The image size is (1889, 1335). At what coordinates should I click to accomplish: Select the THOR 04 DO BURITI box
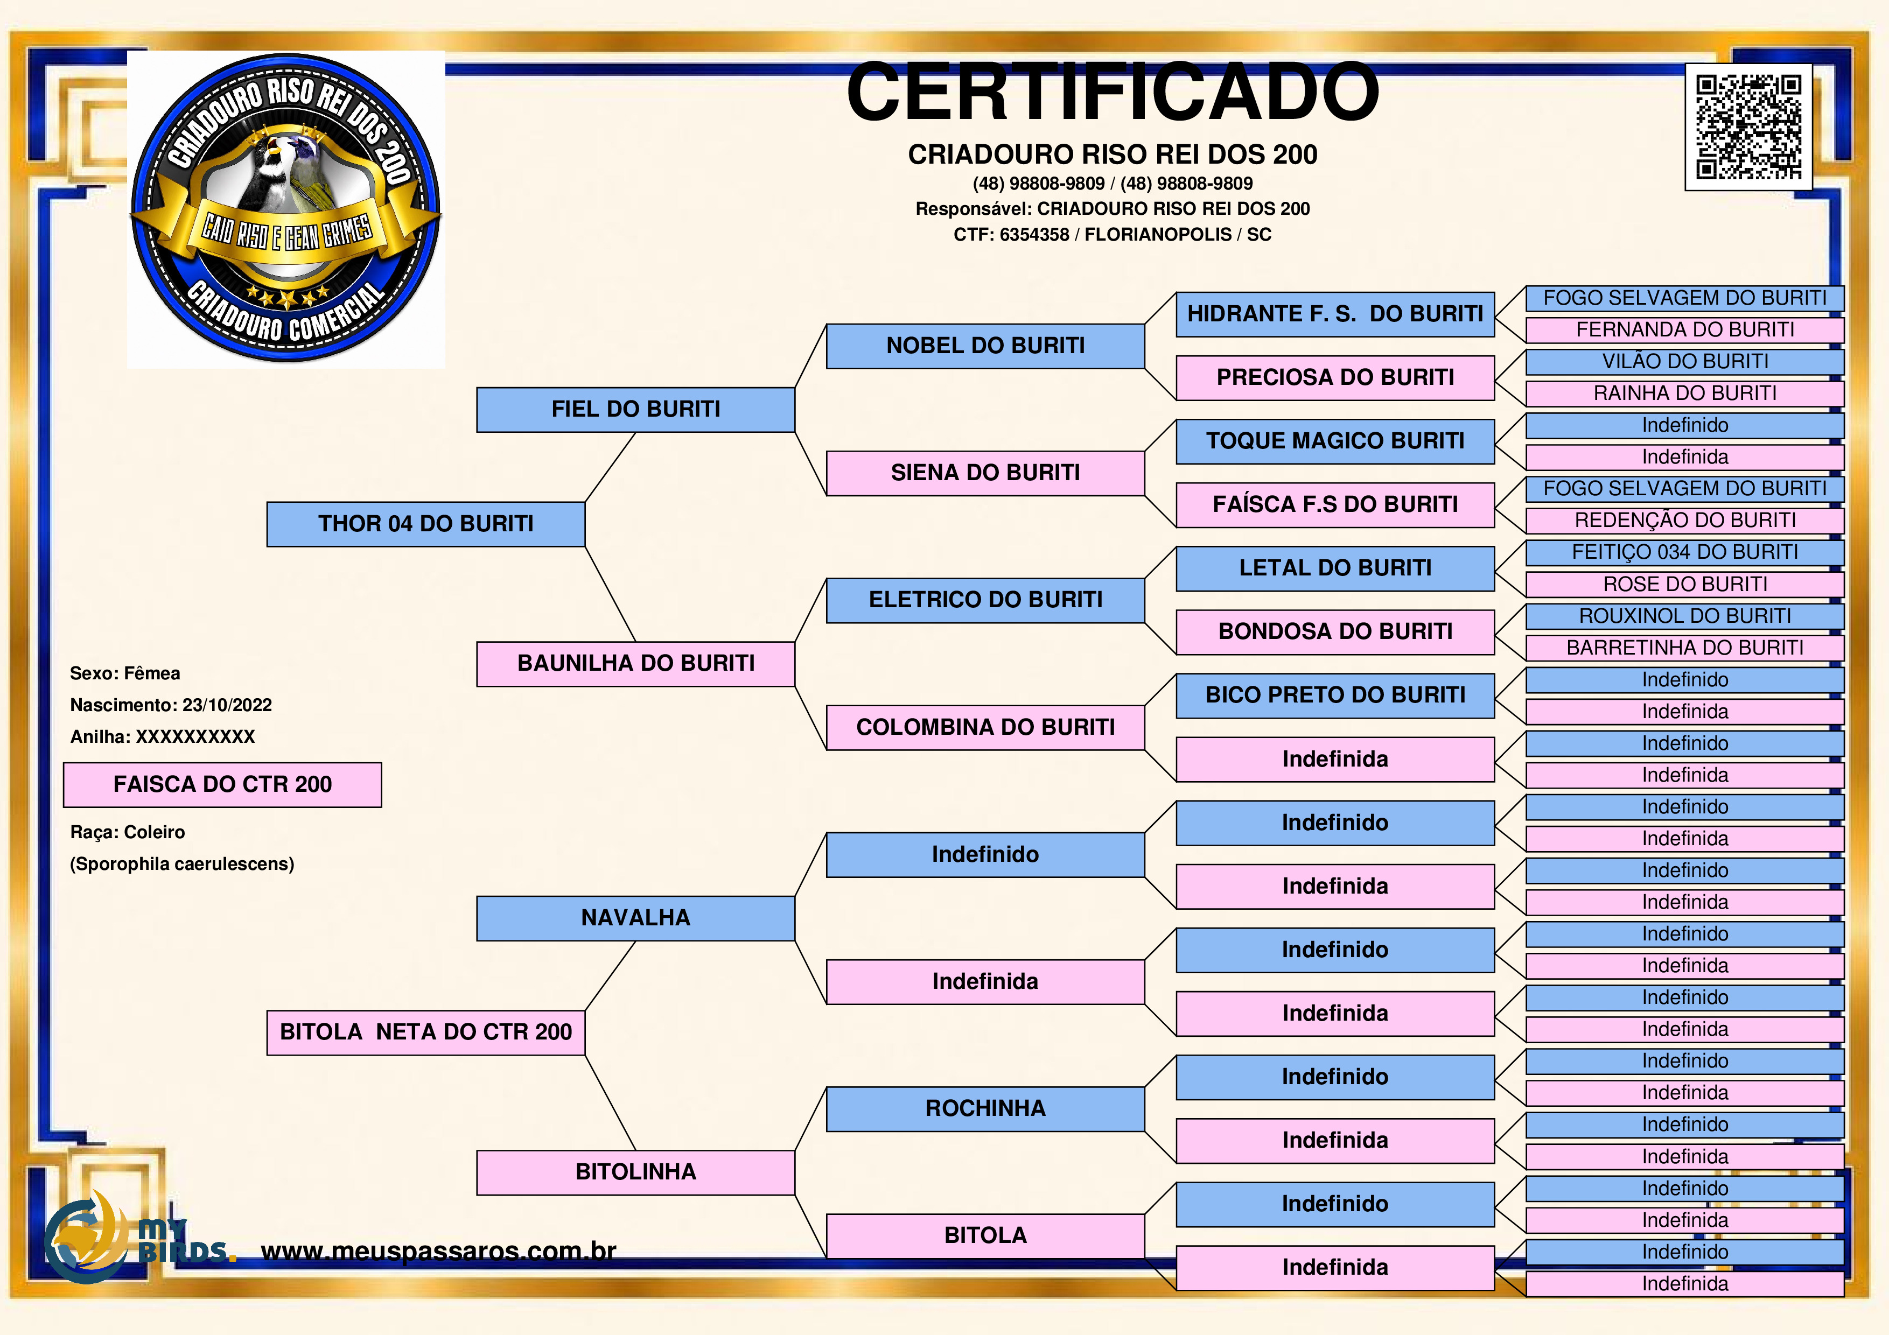point(425,524)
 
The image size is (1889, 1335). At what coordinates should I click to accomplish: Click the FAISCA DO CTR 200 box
point(222,785)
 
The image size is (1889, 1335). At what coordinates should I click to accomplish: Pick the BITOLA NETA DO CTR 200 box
point(425,1032)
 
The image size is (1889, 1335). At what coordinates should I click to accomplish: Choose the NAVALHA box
point(635,918)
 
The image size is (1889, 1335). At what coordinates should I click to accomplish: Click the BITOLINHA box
point(635,1172)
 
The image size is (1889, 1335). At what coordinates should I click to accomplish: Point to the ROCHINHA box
point(985,1109)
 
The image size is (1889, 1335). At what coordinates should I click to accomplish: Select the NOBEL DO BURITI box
point(985,346)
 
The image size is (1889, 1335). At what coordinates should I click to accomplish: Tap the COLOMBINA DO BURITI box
point(985,727)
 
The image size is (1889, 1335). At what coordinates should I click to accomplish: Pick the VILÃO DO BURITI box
point(1684,362)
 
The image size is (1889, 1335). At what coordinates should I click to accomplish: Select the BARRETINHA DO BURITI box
point(1684,648)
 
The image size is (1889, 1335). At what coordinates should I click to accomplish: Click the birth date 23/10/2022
point(227,705)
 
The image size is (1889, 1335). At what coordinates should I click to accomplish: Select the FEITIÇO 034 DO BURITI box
point(1684,553)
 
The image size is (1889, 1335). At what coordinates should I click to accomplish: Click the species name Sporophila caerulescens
point(182,865)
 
